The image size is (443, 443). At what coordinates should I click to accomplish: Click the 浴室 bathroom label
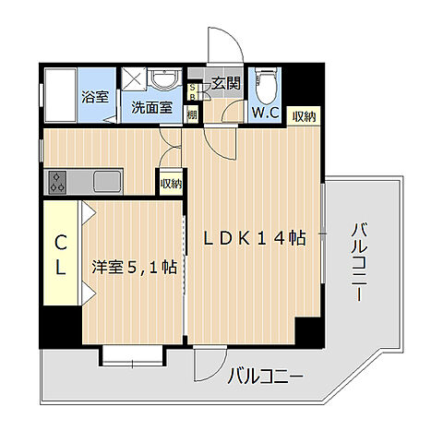click(93, 97)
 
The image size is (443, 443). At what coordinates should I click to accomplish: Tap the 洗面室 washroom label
click(150, 106)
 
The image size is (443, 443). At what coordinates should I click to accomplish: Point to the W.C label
click(269, 114)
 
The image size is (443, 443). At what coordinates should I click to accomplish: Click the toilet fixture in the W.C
click(267, 86)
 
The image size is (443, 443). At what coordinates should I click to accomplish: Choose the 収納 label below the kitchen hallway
click(171, 184)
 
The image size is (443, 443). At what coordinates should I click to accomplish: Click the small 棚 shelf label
click(192, 114)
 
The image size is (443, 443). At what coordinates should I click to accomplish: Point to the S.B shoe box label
click(192, 92)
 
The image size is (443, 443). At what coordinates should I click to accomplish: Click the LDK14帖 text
click(256, 236)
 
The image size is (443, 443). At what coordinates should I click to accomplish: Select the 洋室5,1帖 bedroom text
click(134, 267)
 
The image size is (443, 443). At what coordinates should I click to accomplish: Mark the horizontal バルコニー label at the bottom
click(265, 377)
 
